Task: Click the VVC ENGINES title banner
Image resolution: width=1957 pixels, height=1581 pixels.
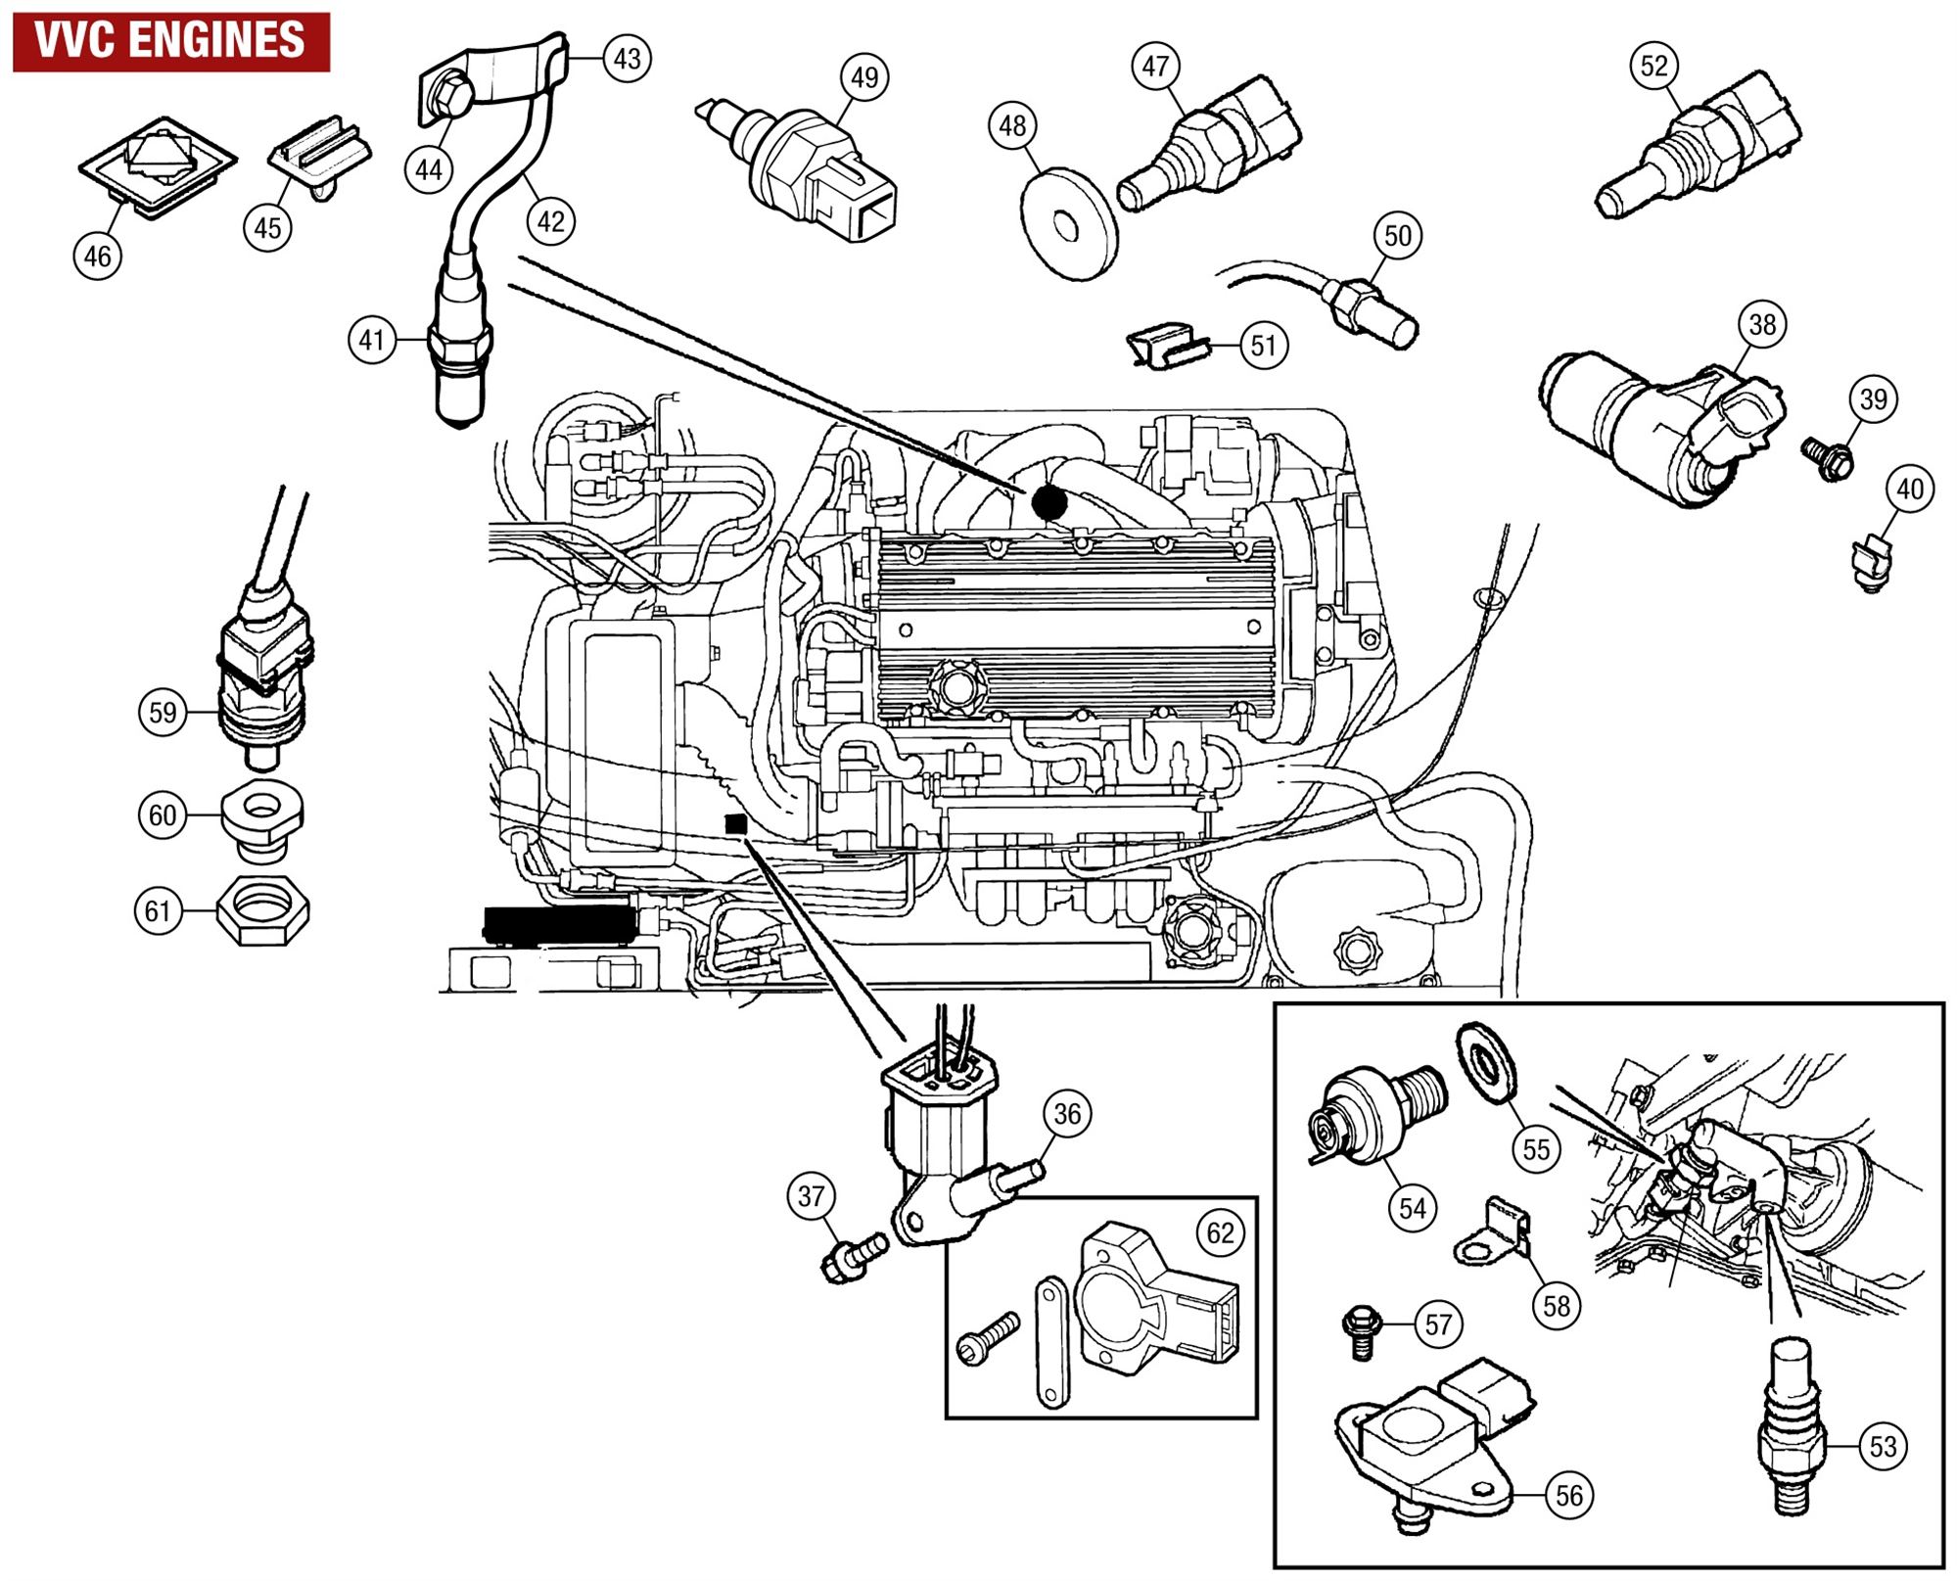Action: pyautogui.click(x=170, y=41)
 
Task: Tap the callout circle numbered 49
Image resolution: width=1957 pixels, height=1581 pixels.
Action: pyautogui.click(x=864, y=77)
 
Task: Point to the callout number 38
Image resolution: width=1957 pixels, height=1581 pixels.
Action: pyautogui.click(x=1762, y=324)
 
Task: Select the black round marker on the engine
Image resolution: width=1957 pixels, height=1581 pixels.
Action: pyautogui.click(x=1049, y=502)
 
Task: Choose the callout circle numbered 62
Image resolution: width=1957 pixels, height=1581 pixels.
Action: pyautogui.click(x=1220, y=1232)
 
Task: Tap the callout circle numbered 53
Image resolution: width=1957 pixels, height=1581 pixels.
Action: pyautogui.click(x=1883, y=1447)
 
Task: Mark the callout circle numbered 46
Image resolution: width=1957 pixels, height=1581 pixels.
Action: pyautogui.click(x=98, y=256)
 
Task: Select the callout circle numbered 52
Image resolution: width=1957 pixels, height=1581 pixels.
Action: pyautogui.click(x=1654, y=67)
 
